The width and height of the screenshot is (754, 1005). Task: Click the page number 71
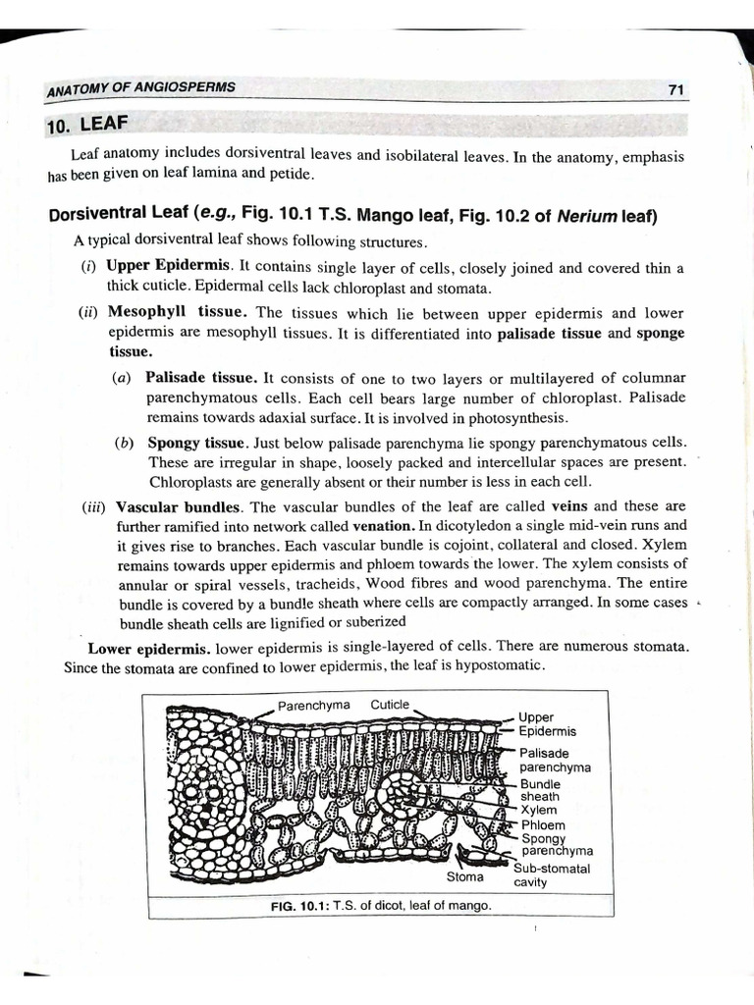click(x=675, y=89)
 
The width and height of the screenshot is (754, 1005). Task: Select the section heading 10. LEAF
click(x=87, y=125)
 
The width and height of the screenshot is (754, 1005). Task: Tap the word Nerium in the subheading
click(x=585, y=216)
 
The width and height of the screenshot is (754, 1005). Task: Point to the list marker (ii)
click(x=91, y=313)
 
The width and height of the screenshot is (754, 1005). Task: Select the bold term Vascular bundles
click(x=178, y=506)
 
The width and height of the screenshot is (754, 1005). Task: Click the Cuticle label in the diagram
click(x=390, y=705)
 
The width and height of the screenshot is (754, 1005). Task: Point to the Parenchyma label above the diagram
click(x=313, y=705)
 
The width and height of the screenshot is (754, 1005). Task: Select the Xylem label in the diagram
click(x=539, y=811)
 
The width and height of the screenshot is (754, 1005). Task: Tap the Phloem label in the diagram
click(x=543, y=825)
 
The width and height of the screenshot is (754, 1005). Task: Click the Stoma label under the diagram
click(x=464, y=876)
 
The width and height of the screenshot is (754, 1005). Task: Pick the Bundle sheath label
click(x=540, y=790)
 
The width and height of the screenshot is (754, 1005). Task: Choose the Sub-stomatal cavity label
click(x=552, y=874)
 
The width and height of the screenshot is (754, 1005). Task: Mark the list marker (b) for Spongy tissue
click(x=124, y=443)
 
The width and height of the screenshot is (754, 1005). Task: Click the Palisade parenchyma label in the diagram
click(x=554, y=760)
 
